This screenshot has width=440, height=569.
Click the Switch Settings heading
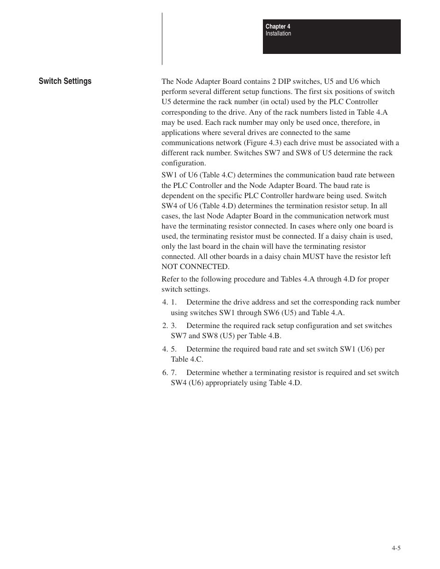click(x=65, y=81)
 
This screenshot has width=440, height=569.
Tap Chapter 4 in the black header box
click(x=278, y=27)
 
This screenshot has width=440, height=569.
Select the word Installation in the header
click(x=278, y=34)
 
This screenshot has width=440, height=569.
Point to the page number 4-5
click(x=396, y=548)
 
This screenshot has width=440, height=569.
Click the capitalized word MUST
click(x=313, y=257)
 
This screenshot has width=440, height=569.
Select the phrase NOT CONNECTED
click(x=195, y=267)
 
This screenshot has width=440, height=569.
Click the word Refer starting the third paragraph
click(x=170, y=279)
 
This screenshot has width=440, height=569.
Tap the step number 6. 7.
click(x=169, y=373)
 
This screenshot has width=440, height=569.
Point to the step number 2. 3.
click(x=169, y=326)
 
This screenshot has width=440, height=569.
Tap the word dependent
click(x=177, y=196)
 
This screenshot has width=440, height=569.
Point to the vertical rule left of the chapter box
click(x=162, y=39)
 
